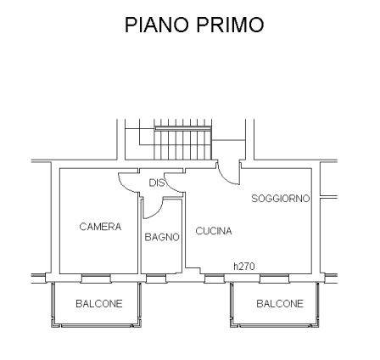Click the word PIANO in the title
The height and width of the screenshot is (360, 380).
pyautogui.click(x=157, y=25)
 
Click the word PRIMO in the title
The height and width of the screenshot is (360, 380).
pyautogui.click(x=230, y=25)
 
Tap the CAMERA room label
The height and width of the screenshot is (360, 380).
pyautogui.click(x=100, y=227)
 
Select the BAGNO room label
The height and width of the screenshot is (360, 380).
pyautogui.click(x=162, y=237)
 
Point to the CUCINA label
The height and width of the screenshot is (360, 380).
pyautogui.click(x=214, y=231)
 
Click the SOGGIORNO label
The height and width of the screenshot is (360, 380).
pyautogui.click(x=281, y=199)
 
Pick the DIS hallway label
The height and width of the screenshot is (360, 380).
pyautogui.click(x=157, y=183)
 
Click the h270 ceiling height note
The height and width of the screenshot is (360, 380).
pyautogui.click(x=244, y=266)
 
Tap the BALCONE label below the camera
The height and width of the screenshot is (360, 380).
pyautogui.click(x=99, y=304)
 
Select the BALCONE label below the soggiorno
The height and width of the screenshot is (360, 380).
pyautogui.click(x=280, y=304)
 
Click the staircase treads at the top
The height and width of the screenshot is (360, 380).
pyautogui.click(x=182, y=143)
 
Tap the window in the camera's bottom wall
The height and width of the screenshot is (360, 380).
pyautogui.click(x=96, y=278)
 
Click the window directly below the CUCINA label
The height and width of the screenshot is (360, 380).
pyautogui.click(x=215, y=278)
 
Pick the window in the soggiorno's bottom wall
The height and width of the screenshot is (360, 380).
pyautogui.click(x=275, y=278)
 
